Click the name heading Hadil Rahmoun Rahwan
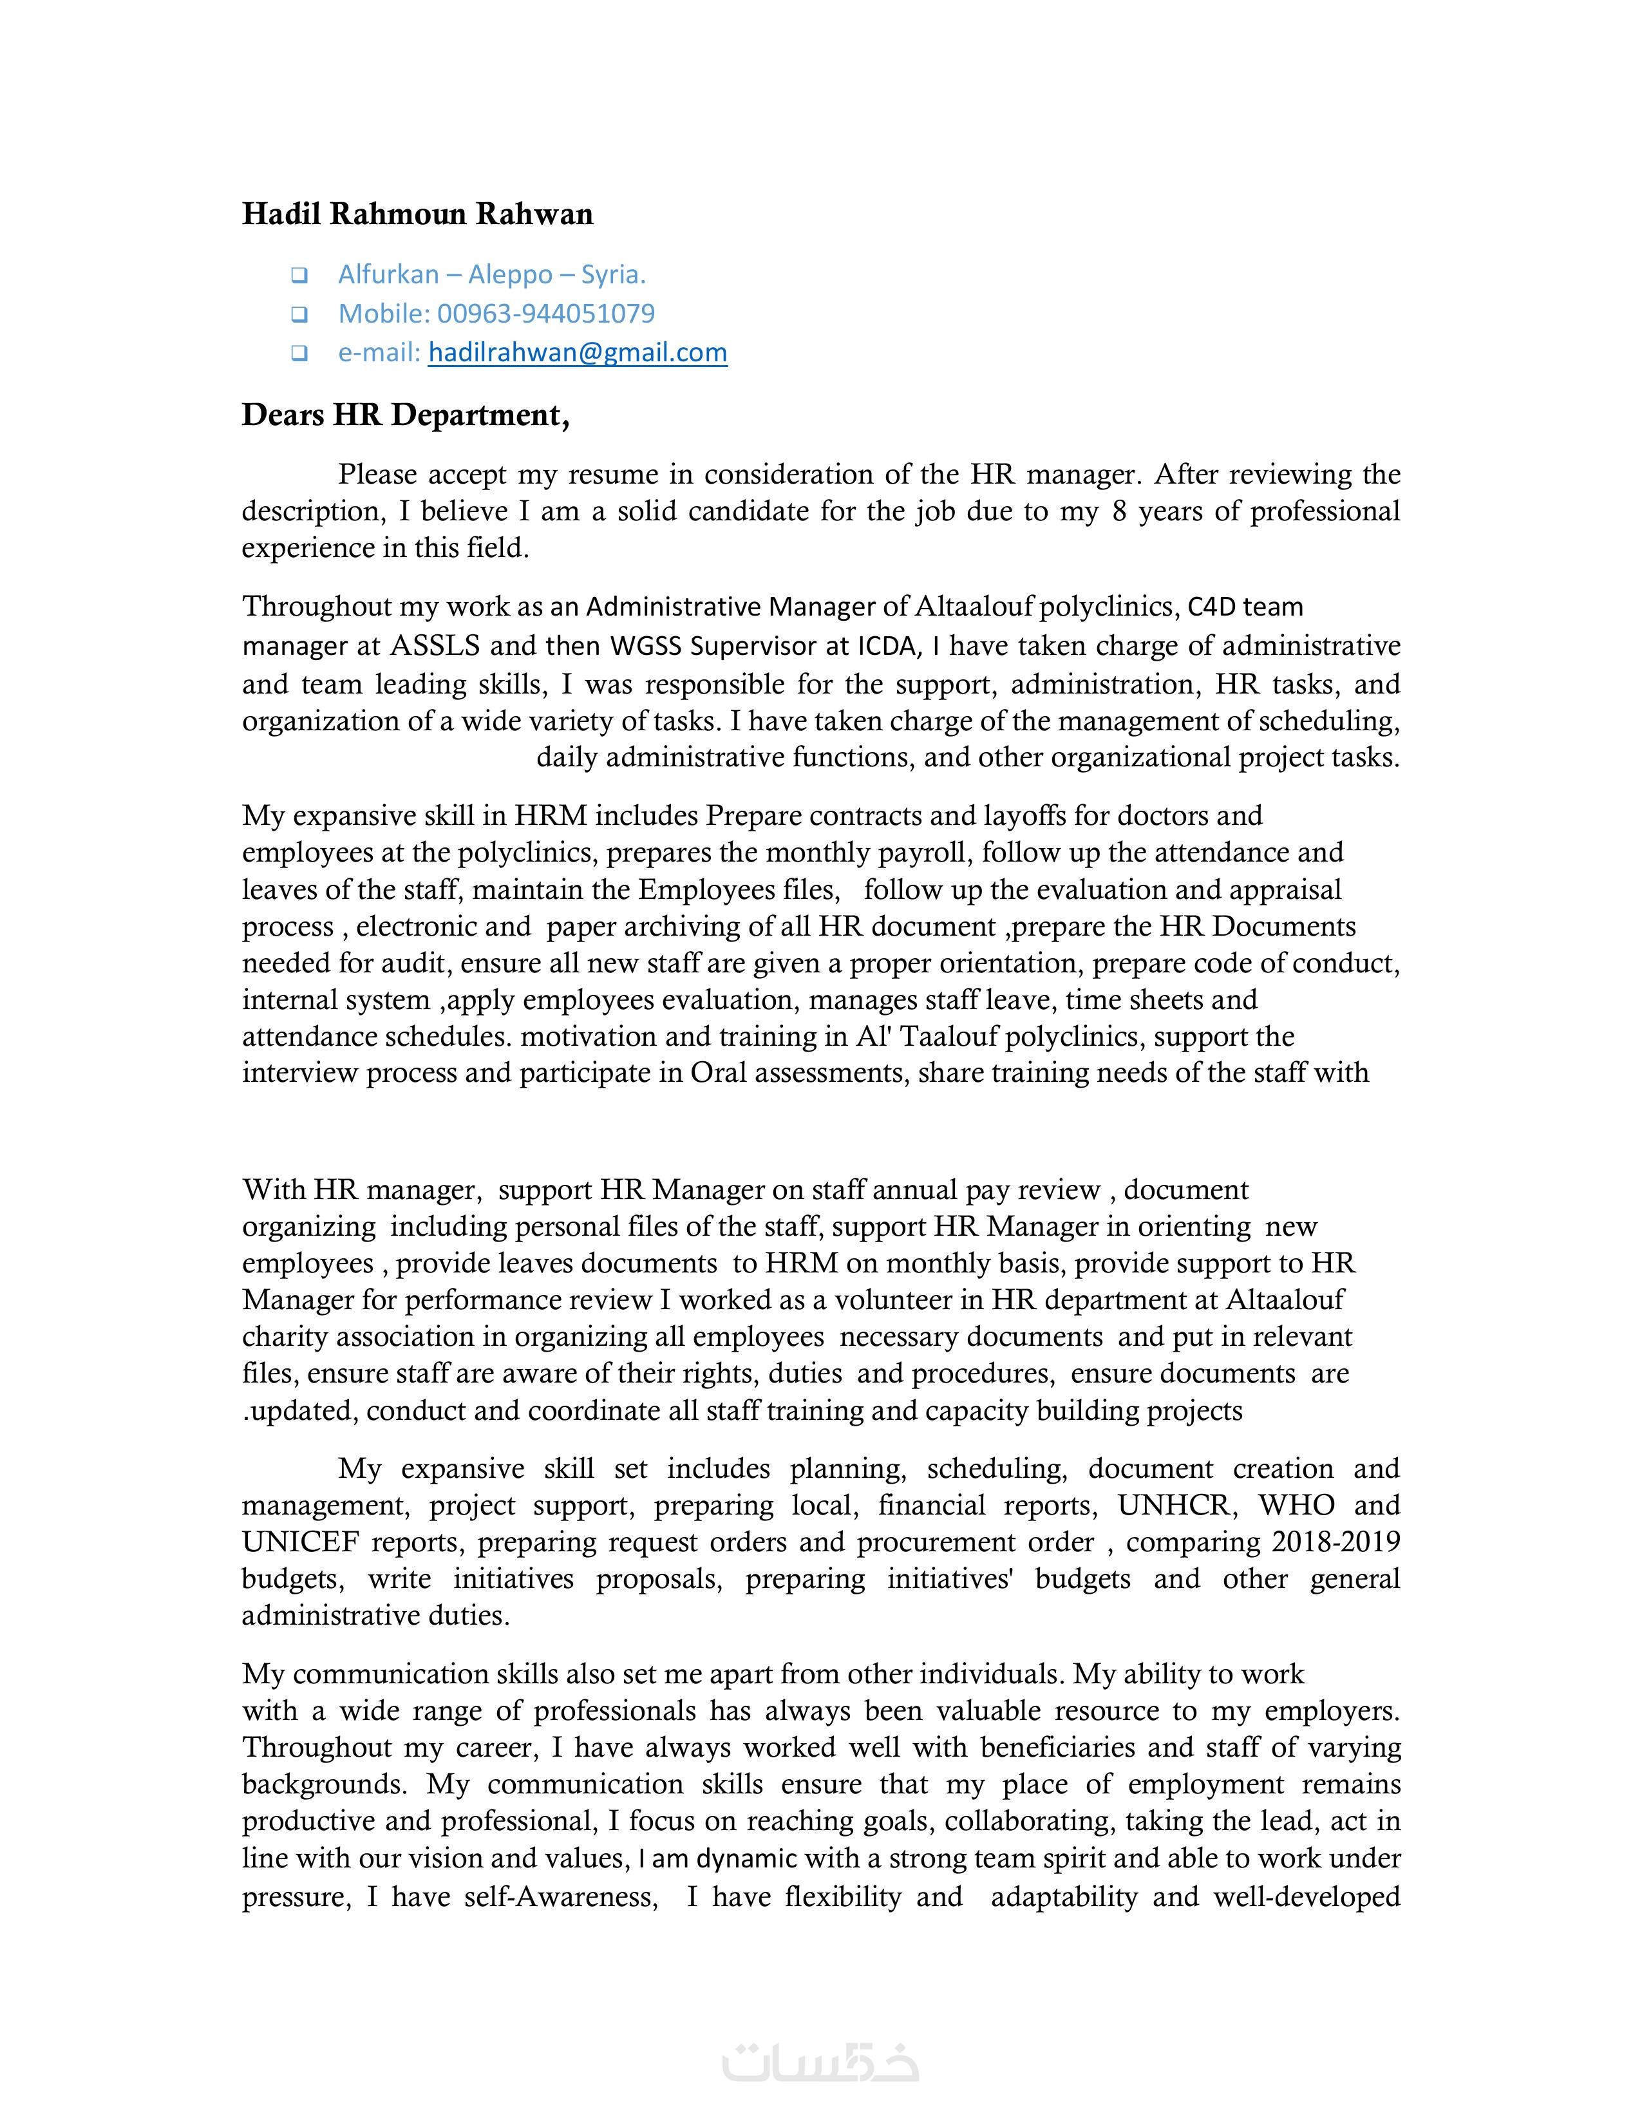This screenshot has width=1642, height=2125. click(417, 214)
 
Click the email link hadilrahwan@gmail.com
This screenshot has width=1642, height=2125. click(577, 352)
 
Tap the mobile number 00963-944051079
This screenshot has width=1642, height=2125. click(545, 314)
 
